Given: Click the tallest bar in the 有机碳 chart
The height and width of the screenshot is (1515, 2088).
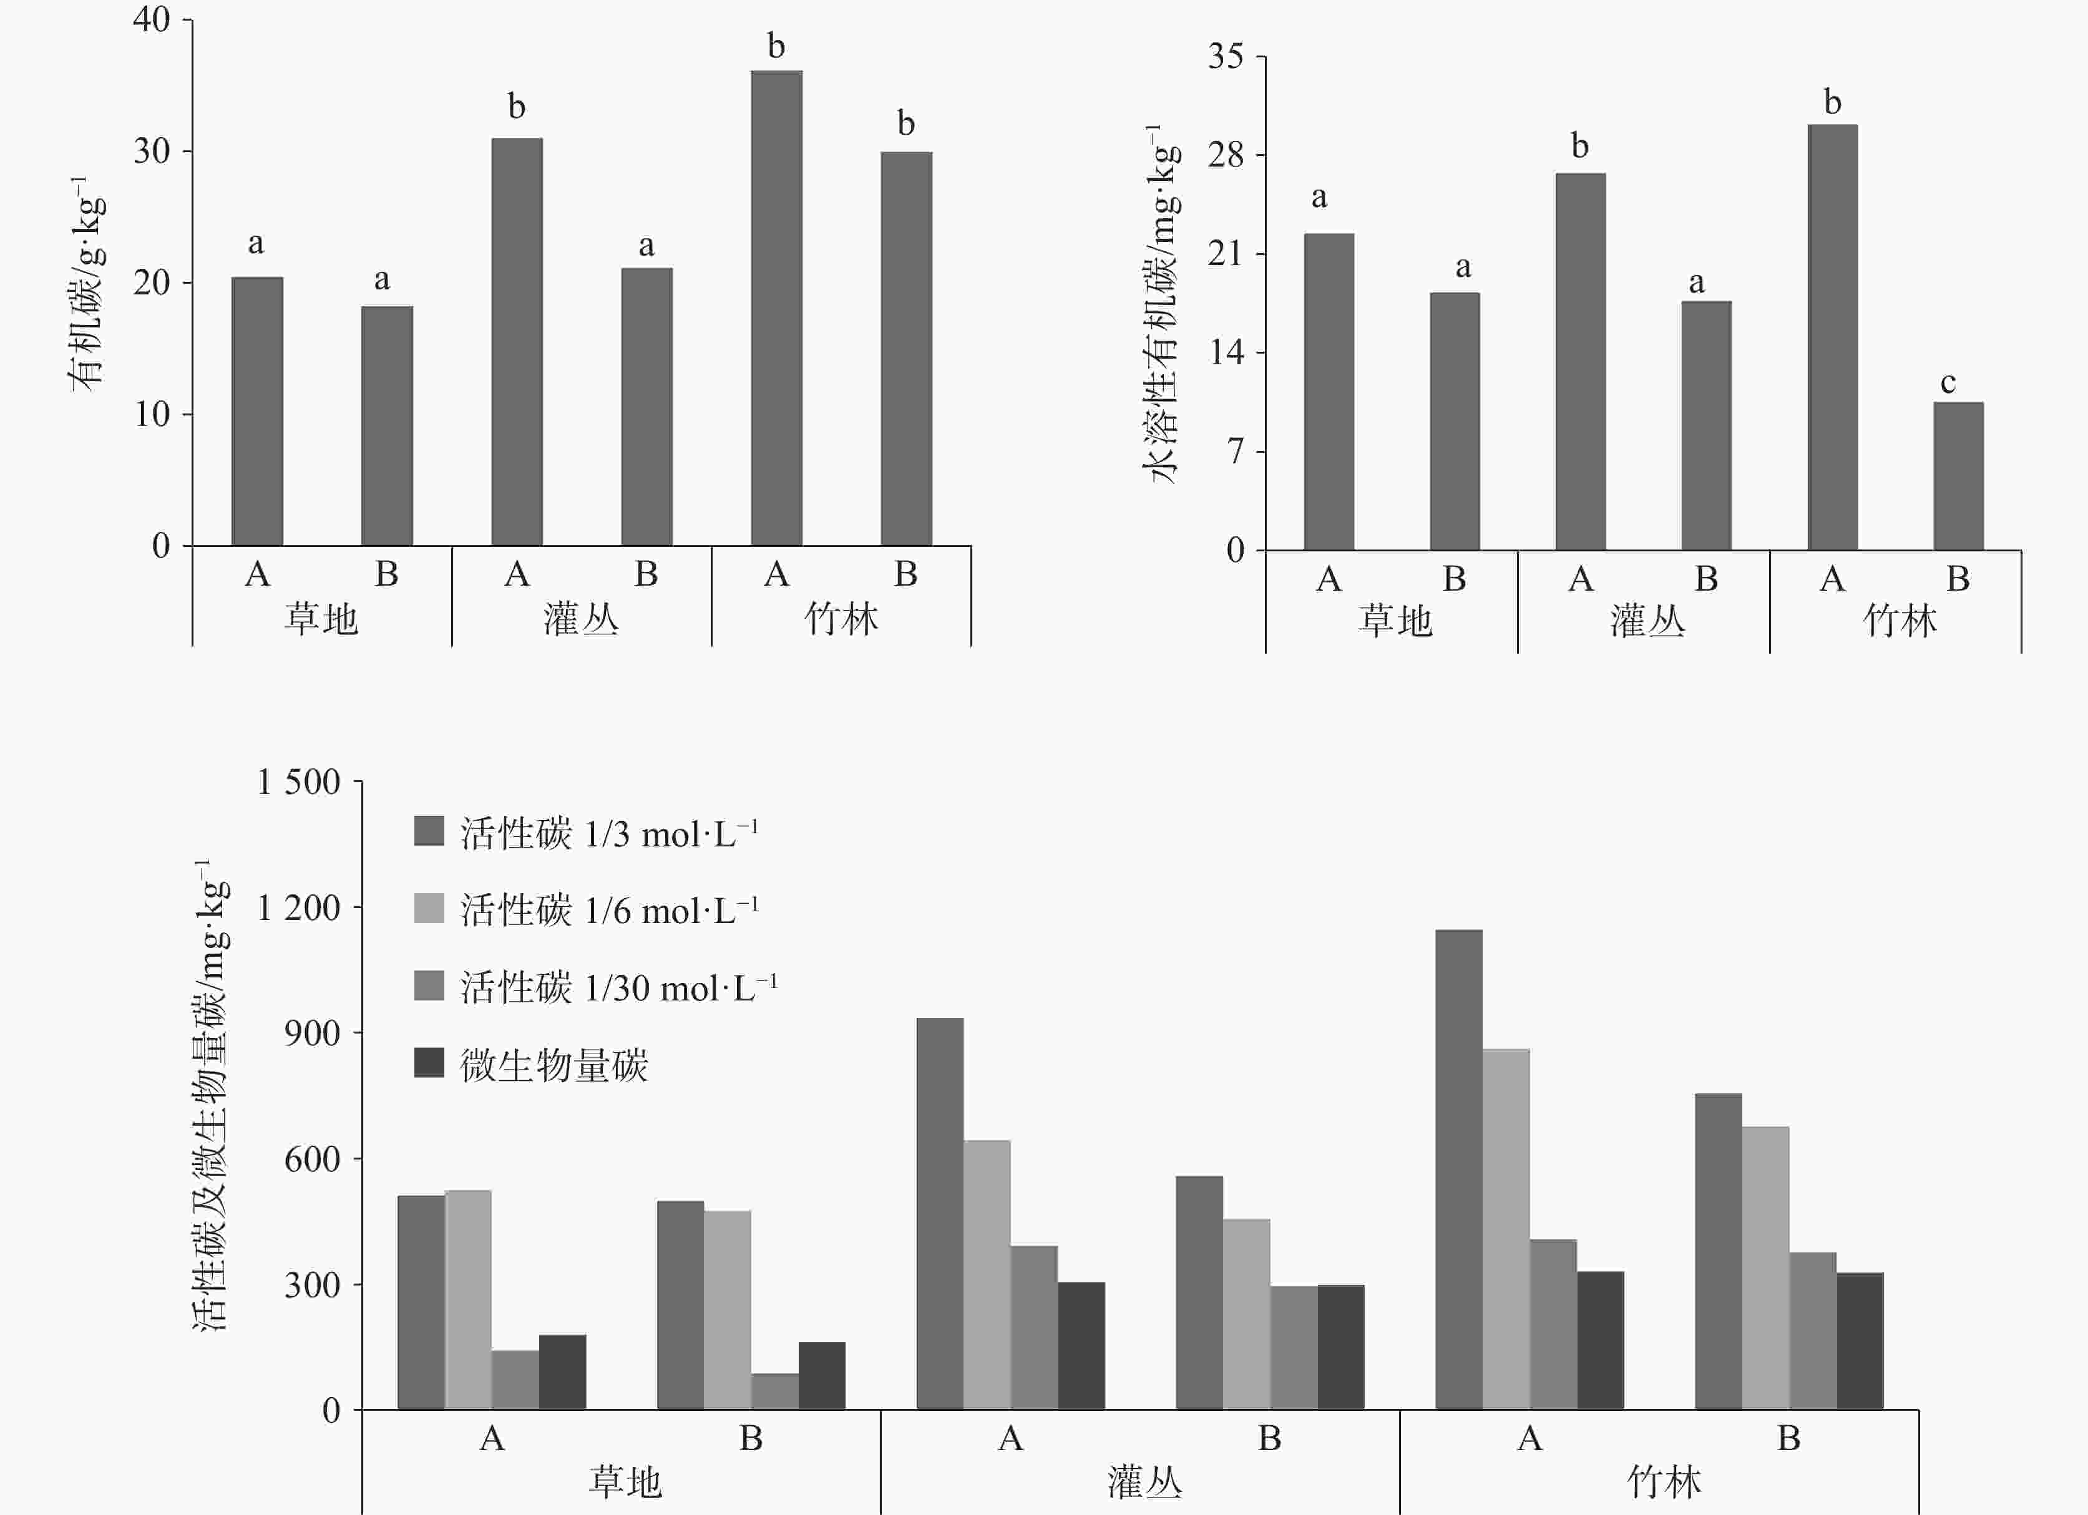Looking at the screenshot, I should pyautogui.click(x=776, y=308).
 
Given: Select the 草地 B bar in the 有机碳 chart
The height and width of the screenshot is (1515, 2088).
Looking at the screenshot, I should pyautogui.click(x=387, y=425).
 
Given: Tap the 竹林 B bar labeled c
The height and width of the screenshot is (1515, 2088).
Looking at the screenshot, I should pyautogui.click(x=1958, y=476).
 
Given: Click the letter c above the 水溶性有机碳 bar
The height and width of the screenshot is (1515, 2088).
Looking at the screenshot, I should pyautogui.click(x=1948, y=383).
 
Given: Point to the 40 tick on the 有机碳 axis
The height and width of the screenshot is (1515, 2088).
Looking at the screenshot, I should pyautogui.click(x=152, y=19).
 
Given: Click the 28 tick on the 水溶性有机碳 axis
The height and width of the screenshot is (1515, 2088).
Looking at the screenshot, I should pyautogui.click(x=1226, y=155).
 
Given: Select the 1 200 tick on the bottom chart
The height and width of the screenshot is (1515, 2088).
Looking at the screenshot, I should pyautogui.click(x=298, y=909).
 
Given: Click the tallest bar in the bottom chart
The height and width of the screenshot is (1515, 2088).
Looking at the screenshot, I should pyautogui.click(x=1458, y=1169).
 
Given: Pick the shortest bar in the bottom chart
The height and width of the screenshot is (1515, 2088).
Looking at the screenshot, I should pyautogui.click(x=774, y=1391).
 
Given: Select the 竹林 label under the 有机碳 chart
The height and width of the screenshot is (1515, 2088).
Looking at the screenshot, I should pyautogui.click(x=841, y=619).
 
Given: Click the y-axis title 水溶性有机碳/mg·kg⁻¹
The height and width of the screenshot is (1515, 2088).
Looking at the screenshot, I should pyautogui.click(x=1162, y=304).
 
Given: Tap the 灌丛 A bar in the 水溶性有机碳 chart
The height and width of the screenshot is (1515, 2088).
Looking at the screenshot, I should pyautogui.click(x=1580, y=362).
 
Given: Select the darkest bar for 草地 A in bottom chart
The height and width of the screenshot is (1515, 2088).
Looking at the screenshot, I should pyautogui.click(x=562, y=1372).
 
